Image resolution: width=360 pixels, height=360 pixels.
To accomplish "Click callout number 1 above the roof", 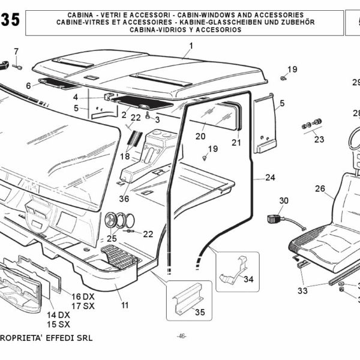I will pos(191,46).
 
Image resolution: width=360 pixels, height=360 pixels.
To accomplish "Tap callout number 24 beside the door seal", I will pos(270,178).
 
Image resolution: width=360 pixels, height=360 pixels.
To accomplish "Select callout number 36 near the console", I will pos(124,199).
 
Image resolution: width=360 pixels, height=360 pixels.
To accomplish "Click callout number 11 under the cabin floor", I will pos(125,305).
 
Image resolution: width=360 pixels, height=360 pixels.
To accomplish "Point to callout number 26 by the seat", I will pos(320,189).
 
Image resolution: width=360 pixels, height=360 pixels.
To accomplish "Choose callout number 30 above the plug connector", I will pos(284,200).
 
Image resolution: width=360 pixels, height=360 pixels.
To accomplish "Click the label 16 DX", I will pos(83,297).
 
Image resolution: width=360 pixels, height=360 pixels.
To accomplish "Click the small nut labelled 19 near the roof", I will pos(283,78).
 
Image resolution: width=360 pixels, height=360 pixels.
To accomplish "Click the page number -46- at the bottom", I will pos(182,336).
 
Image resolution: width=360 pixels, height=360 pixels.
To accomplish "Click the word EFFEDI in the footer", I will pos(58,337).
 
